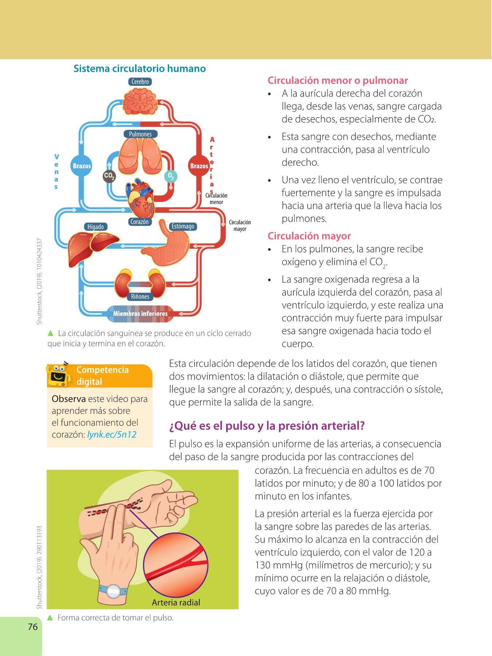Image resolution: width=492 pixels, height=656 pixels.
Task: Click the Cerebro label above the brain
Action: [140, 82]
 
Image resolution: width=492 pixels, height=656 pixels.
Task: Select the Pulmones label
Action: [140, 134]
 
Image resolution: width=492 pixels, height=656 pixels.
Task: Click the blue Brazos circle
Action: [82, 166]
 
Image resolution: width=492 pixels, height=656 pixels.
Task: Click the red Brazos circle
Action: [199, 166]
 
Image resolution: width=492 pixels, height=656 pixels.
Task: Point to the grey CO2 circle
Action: [109, 176]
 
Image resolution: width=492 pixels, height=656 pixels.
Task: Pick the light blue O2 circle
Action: [171, 176]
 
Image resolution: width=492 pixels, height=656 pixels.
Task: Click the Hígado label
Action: [95, 227]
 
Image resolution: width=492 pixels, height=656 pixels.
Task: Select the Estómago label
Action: [183, 226]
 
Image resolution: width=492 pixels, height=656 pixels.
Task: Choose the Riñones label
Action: [140, 297]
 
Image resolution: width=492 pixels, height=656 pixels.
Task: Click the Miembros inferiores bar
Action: [140, 314]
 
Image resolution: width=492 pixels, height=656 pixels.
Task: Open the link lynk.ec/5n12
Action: [112, 434]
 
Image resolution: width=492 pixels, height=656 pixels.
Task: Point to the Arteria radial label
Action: [176, 602]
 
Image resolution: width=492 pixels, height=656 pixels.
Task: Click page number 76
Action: [33, 627]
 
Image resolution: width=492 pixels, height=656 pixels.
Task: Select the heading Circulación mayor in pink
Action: [309, 236]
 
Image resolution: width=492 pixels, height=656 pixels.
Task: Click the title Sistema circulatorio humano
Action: [140, 69]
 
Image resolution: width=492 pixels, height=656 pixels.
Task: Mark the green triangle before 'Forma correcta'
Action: [51, 617]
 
